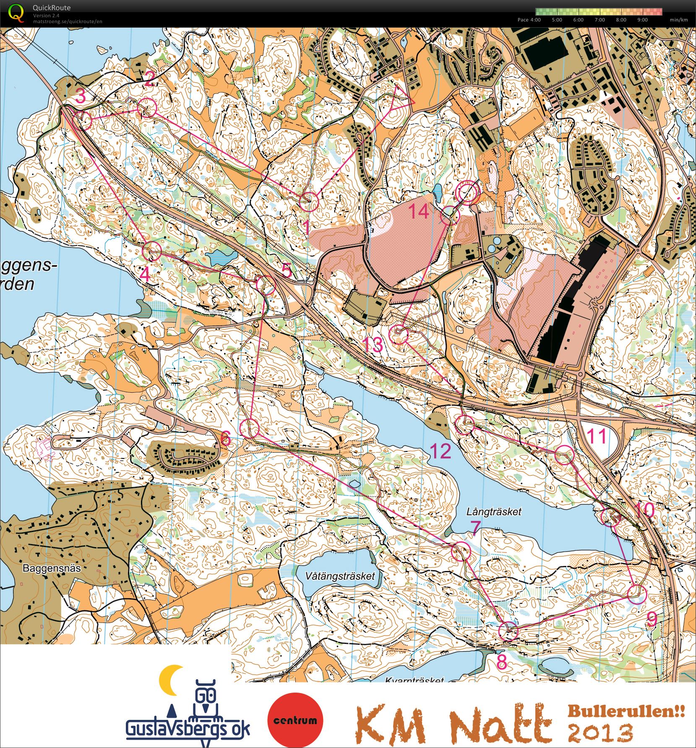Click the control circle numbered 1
click(310, 201)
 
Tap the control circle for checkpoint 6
click(250, 428)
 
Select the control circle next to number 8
click(508, 631)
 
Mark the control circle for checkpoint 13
click(399, 334)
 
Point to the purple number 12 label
click(441, 451)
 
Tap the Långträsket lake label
click(494, 511)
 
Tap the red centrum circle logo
click(295, 720)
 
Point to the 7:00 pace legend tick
click(600, 20)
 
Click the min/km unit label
click(678, 20)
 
